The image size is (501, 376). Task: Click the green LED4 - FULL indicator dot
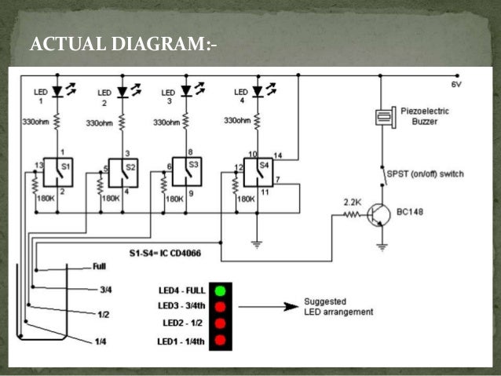coord(221,291)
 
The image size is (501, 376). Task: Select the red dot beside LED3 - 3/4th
coord(221,307)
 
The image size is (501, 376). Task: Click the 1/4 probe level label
coord(101,341)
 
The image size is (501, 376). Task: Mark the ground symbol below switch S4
coord(255,243)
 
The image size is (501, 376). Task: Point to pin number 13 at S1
coord(38,165)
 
